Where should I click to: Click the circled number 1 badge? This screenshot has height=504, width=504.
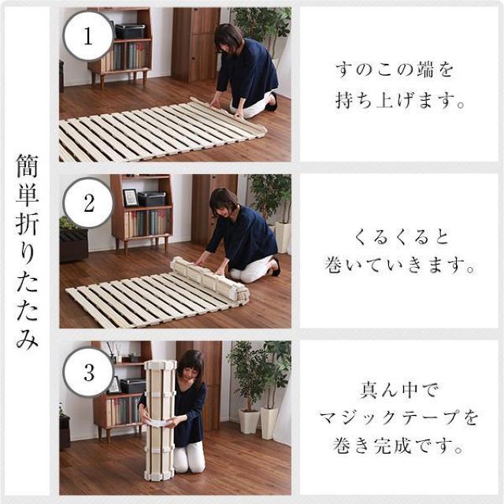89,35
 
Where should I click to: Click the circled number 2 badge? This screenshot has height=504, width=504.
89,204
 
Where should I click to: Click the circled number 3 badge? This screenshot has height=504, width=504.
89,371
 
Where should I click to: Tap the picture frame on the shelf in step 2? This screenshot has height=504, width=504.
130,198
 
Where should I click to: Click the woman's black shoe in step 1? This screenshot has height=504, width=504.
272,102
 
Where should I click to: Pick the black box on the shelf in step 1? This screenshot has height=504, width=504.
130,31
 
